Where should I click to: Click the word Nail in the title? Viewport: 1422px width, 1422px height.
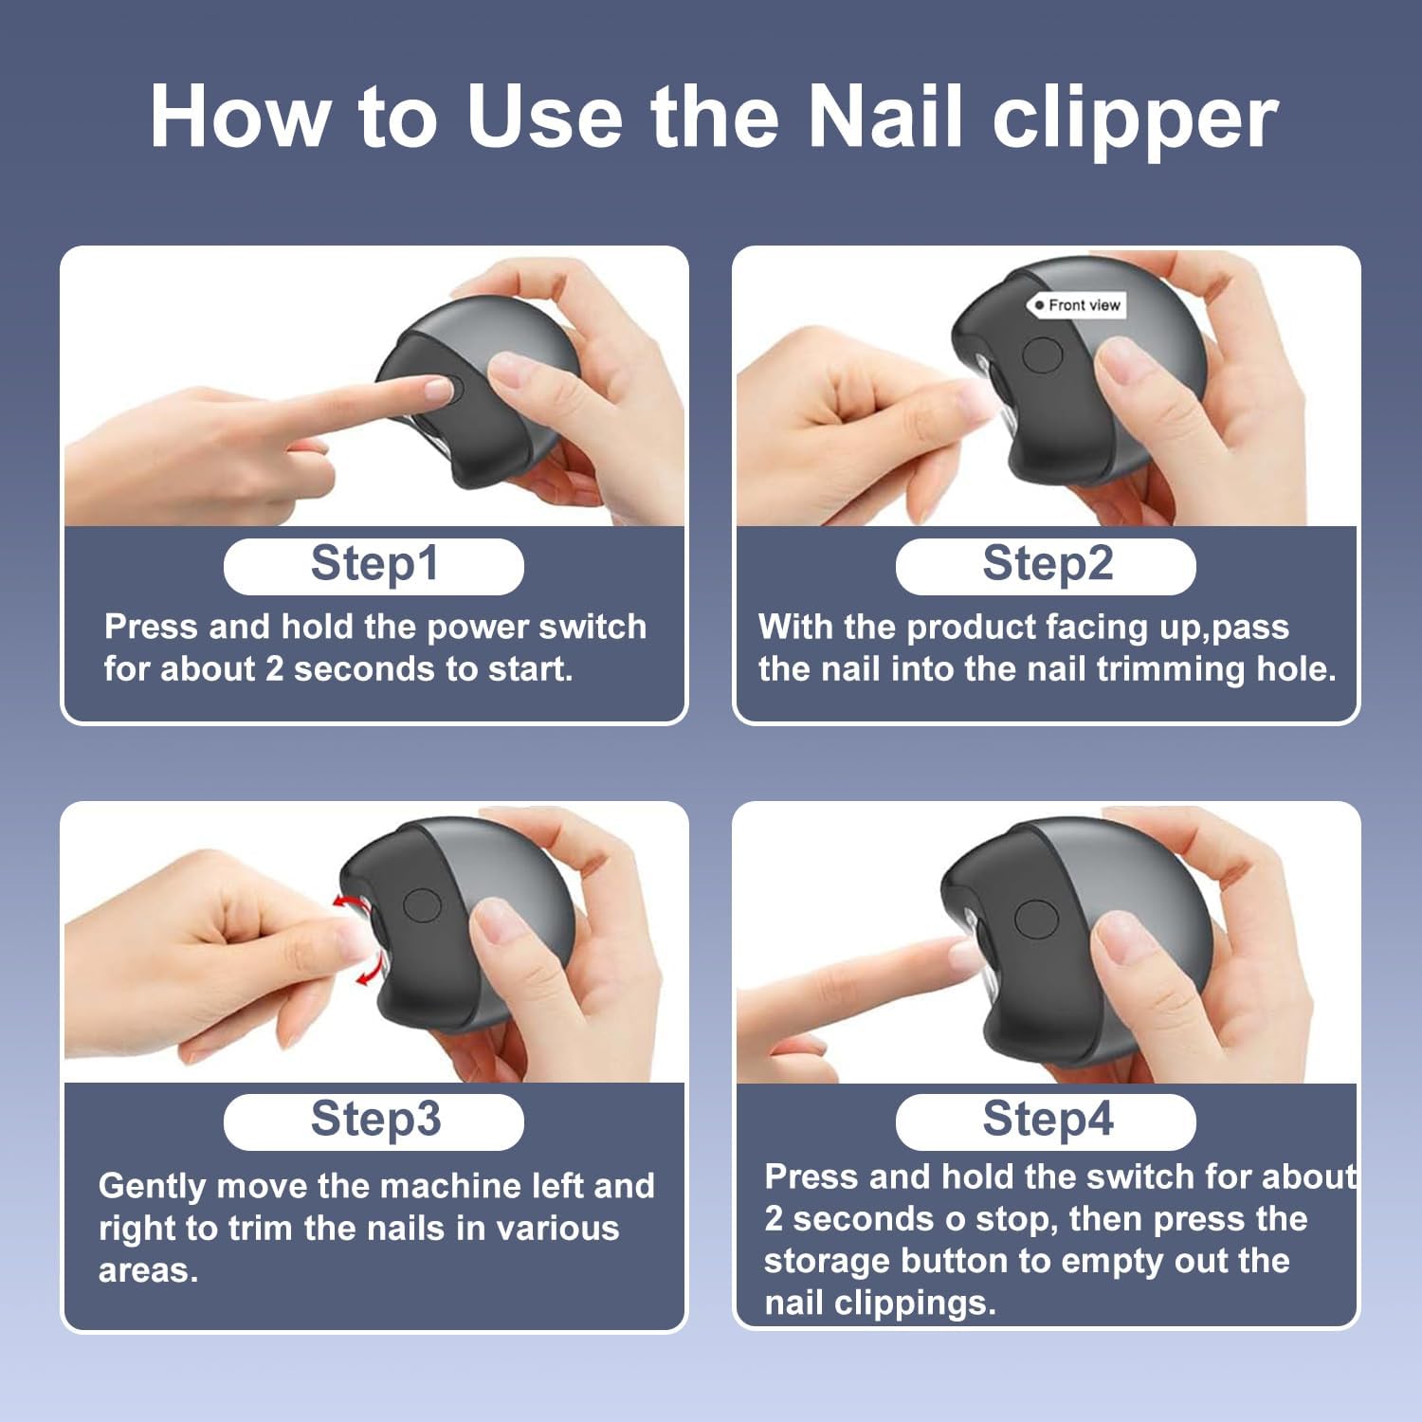coord(888,117)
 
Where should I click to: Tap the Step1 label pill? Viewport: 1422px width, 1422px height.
coord(374,566)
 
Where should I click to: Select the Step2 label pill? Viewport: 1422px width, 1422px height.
coord(1046,566)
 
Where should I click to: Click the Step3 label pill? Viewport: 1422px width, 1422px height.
coord(374,1121)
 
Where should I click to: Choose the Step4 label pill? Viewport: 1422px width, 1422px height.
coord(1046,1121)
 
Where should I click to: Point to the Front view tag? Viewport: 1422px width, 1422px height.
coord(1077,305)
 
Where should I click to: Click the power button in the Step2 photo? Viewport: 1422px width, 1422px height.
coord(1043,355)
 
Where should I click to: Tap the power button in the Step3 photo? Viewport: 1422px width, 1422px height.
coord(422,905)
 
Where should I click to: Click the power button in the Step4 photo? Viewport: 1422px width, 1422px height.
coord(1035,919)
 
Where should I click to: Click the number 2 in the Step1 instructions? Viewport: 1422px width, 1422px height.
coord(274,669)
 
